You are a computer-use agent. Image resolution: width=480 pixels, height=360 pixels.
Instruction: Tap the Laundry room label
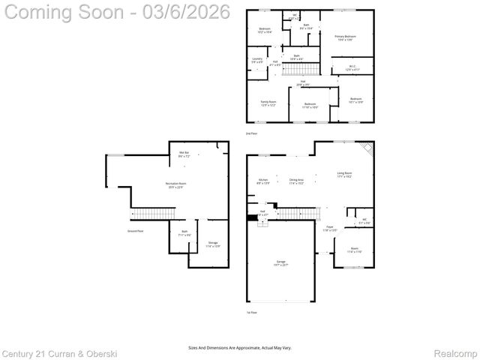[257, 60]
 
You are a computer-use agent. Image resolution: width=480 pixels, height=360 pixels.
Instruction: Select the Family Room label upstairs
[268, 103]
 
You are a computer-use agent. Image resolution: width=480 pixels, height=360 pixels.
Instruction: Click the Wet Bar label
[184, 154]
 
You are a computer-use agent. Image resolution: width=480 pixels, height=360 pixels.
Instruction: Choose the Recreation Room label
[175, 185]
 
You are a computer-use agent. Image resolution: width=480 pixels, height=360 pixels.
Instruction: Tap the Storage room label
[213, 244]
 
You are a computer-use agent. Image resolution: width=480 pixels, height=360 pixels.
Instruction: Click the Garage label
[280, 263]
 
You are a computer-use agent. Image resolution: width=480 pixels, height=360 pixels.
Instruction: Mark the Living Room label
[344, 175]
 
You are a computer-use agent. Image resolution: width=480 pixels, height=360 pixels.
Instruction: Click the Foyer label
[329, 228]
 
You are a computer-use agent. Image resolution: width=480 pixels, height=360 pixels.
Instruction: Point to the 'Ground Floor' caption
[114, 232]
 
